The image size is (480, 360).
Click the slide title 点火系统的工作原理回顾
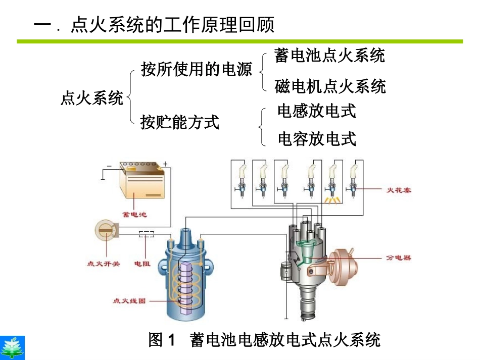click(172, 25)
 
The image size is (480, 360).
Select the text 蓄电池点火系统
click(329, 56)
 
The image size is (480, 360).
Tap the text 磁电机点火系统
click(330, 86)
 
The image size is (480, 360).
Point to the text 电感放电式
click(317, 111)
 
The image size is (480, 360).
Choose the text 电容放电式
click(317, 139)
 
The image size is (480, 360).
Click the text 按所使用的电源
click(196, 69)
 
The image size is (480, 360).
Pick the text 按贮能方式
click(180, 122)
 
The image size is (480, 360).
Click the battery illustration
click(142, 180)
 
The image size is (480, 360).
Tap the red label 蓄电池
click(134, 215)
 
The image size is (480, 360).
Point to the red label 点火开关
click(103, 264)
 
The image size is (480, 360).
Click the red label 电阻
click(142, 264)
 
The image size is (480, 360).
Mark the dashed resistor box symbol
click(147, 234)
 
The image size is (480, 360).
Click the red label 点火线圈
click(129, 301)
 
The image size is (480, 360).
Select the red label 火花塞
click(399, 190)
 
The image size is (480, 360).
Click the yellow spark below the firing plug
click(332, 200)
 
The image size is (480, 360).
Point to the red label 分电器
click(399, 258)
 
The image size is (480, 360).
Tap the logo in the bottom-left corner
click(12, 348)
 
